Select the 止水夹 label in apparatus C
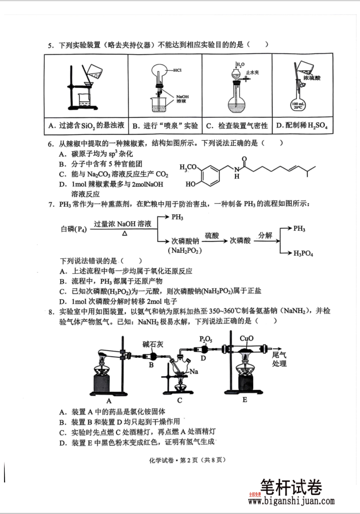coord(250,73)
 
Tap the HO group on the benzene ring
coord(192,185)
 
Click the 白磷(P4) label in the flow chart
coord(74,229)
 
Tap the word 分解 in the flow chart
coord(265,235)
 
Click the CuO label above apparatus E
coord(247,339)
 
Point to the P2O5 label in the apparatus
coord(206,340)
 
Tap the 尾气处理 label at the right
coord(280,360)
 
